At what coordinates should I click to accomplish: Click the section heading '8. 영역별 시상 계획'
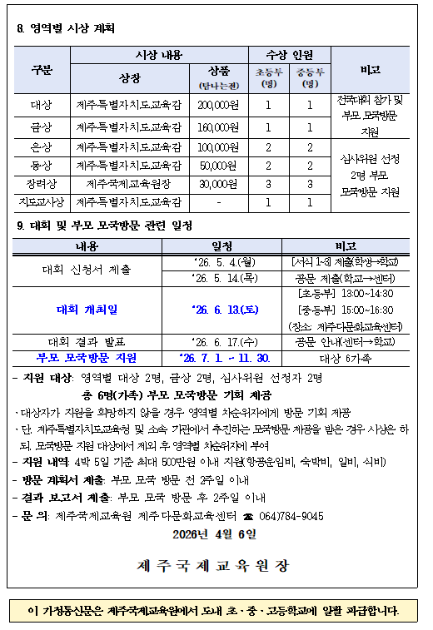coord(66,28)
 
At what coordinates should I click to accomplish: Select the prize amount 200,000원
coord(218,106)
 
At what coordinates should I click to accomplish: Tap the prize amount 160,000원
coord(218,127)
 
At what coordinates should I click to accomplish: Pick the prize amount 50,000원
coord(218,165)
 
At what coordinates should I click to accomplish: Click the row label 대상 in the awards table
coord(42,106)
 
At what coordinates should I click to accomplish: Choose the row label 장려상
coord(42,183)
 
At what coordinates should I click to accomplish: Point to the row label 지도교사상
coord(42,201)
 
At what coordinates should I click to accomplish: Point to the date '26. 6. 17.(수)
coord(222,341)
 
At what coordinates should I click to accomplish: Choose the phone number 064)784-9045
coord(290,516)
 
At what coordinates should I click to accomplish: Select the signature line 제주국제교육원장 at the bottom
coord(214,565)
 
